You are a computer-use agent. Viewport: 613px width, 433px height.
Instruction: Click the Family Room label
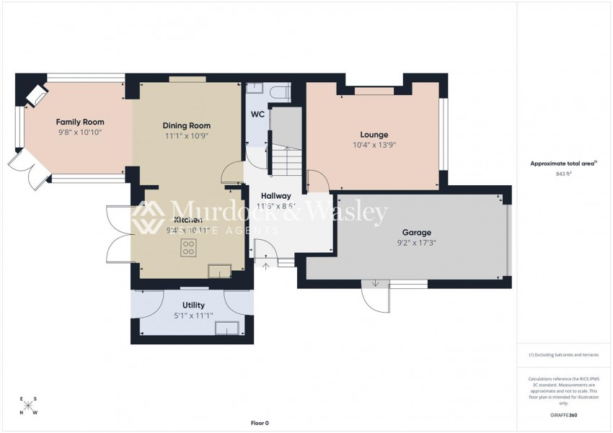tap(80, 122)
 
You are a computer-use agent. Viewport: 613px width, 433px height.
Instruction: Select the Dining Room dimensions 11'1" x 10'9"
tap(186, 135)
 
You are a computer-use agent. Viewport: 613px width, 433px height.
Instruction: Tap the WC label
tap(257, 115)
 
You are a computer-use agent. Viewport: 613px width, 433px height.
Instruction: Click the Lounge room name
tap(374, 134)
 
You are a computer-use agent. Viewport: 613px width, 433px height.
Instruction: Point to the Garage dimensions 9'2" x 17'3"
tap(416, 243)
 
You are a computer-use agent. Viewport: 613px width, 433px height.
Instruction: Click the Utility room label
tap(193, 305)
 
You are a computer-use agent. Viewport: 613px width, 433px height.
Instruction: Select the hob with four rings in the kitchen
tap(189, 248)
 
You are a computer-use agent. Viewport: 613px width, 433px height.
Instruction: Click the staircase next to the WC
tap(286, 144)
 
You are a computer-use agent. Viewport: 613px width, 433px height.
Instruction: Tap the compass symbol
tap(28, 406)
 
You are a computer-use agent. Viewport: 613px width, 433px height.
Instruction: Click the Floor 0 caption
tap(259, 423)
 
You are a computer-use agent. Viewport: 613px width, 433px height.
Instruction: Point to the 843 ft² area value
tap(563, 174)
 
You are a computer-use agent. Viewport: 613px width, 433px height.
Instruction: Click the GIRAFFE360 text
tap(563, 415)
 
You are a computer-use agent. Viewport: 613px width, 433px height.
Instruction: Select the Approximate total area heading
tap(563, 164)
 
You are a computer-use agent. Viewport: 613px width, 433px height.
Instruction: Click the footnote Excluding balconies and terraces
tap(563, 354)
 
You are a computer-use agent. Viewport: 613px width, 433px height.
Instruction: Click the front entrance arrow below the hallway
tap(265, 267)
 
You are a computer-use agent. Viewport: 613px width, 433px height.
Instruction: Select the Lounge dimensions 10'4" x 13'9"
tap(374, 145)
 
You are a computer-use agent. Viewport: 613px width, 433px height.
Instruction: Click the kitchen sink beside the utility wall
tap(219, 270)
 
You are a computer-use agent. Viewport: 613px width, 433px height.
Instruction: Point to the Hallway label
tap(275, 195)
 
